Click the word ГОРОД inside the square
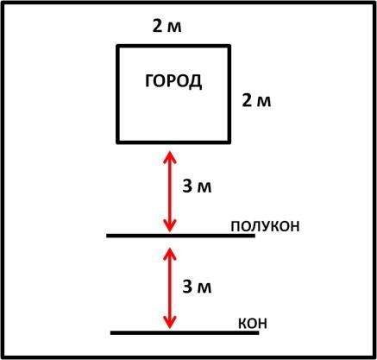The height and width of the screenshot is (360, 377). [173, 81]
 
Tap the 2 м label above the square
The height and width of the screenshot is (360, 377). [167, 27]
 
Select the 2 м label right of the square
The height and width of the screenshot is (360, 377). [256, 101]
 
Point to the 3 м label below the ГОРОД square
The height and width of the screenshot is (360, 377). [197, 186]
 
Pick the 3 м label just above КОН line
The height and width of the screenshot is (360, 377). [197, 287]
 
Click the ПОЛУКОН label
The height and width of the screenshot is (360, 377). [265, 226]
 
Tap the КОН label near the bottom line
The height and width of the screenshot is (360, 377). [253, 324]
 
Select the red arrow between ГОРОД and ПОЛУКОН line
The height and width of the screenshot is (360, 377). [170, 192]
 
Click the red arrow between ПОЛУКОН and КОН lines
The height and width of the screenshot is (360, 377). [170, 287]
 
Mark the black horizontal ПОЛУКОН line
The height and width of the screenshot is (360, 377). [180, 236]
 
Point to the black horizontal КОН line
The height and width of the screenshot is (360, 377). [185, 332]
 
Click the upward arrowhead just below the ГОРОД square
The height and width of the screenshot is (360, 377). [170, 157]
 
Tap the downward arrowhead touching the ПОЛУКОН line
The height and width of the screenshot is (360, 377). [170, 226]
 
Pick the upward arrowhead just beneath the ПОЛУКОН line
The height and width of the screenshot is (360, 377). [170, 253]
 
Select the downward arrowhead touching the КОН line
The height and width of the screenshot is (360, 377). [170, 322]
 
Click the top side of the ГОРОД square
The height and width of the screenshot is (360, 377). [173, 46]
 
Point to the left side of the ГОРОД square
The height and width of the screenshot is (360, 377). [118, 94]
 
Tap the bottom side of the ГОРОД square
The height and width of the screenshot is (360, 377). [173, 142]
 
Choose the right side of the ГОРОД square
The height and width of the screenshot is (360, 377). [229, 94]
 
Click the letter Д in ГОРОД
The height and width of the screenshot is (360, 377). [196, 82]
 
